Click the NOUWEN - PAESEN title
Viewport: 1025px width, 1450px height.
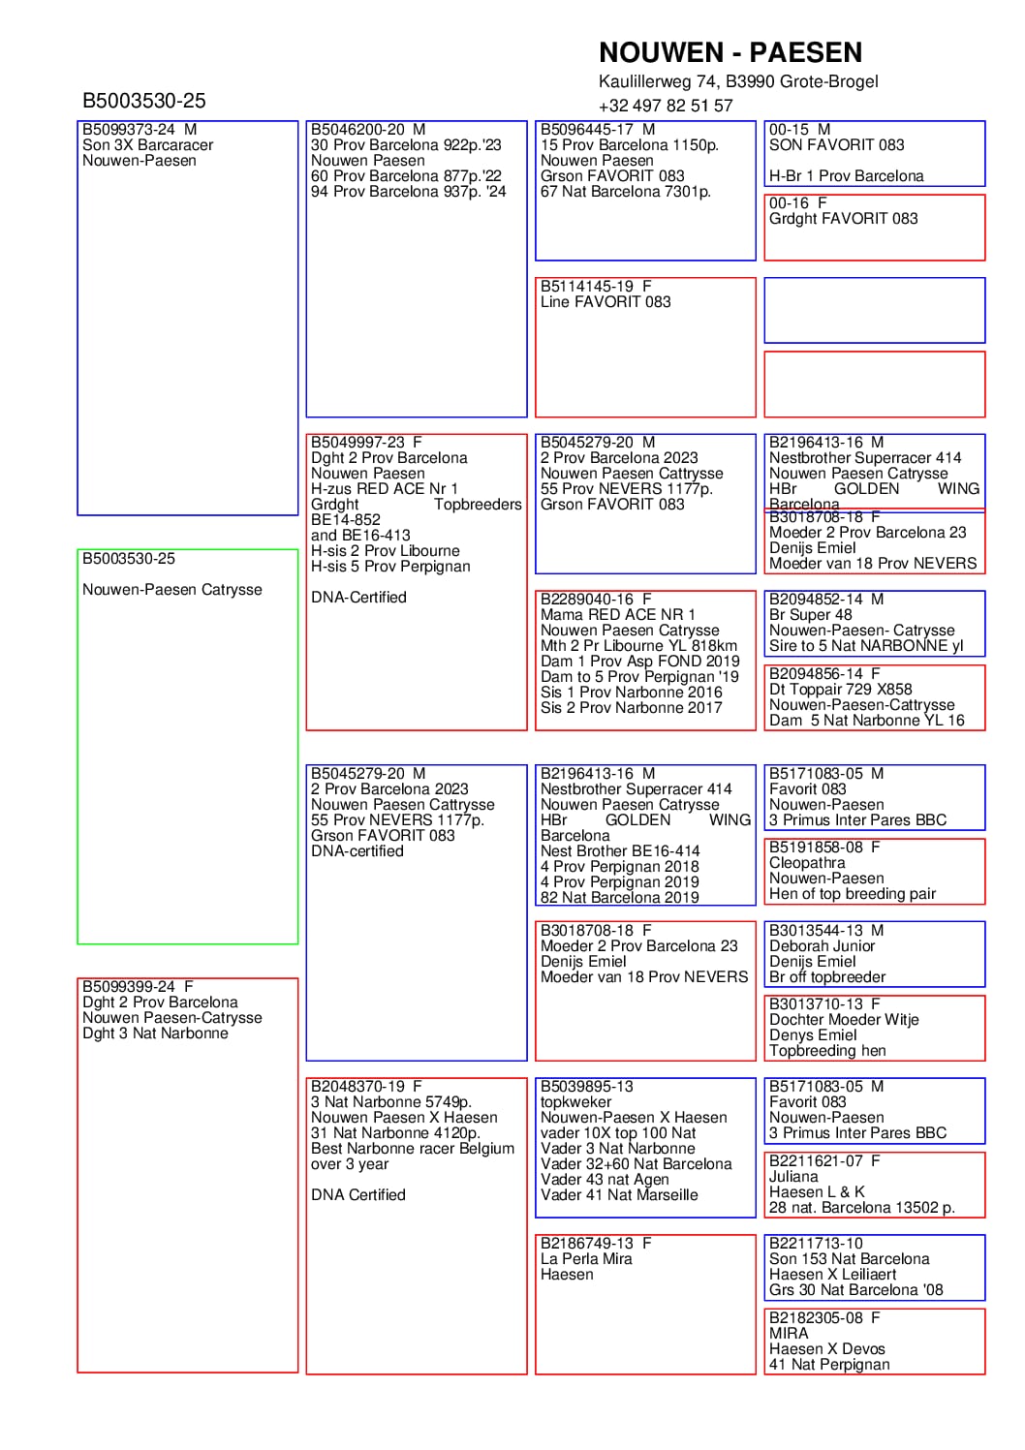point(730,52)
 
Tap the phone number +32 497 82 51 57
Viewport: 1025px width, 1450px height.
point(666,106)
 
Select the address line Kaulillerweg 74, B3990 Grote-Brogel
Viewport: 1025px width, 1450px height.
point(738,81)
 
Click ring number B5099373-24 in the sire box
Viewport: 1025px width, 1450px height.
point(129,130)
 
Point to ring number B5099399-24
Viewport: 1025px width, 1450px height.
point(129,987)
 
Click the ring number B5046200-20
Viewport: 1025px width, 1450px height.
point(357,130)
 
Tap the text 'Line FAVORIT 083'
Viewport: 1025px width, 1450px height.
point(606,302)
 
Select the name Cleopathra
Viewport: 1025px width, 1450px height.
point(807,863)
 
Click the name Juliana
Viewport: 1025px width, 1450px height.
point(793,1176)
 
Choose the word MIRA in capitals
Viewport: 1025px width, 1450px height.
point(789,1334)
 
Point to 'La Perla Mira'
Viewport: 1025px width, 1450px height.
point(586,1259)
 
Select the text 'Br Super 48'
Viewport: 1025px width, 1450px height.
point(811,615)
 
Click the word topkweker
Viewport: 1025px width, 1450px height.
point(576,1102)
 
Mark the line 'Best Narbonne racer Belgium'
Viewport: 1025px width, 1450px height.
point(413,1149)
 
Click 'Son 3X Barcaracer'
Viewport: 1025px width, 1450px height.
point(147,145)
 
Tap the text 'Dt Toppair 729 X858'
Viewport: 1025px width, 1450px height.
point(841,690)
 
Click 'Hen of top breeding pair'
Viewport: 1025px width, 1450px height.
point(853,894)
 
